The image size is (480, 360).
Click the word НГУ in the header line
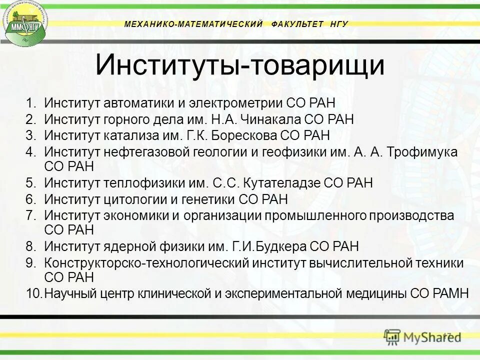tap(339, 24)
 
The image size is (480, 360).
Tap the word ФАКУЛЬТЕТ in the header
tap(298, 24)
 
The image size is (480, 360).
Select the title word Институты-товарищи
tap(240, 65)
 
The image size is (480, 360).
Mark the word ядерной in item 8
tap(132, 246)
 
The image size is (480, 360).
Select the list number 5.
tap(31, 183)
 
